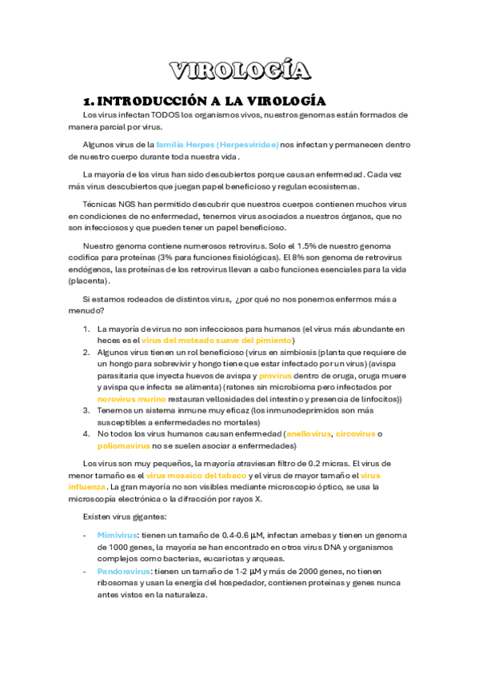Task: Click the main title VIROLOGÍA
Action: point(240,70)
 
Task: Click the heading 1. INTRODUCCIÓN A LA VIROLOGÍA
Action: point(204,102)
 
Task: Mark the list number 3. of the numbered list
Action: point(86,410)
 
